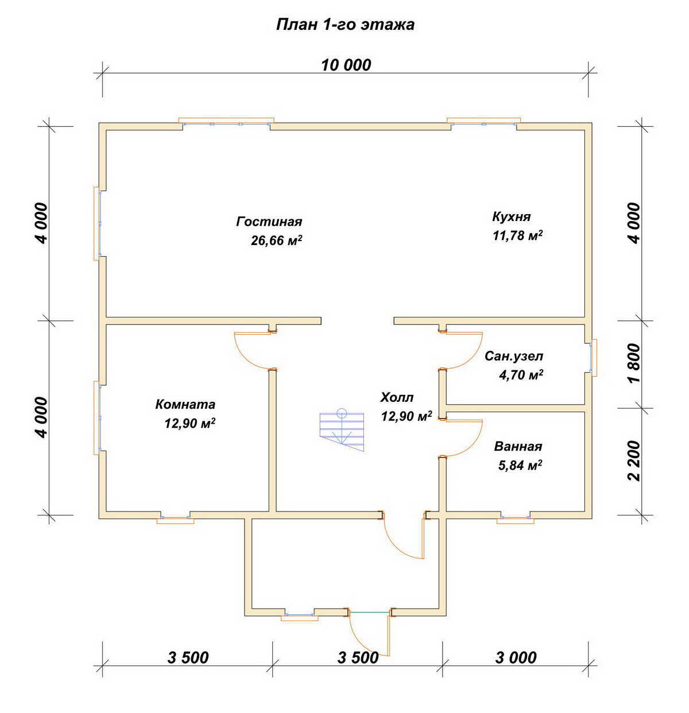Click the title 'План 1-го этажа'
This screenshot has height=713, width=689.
point(344,25)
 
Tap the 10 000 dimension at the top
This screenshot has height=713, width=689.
point(346,65)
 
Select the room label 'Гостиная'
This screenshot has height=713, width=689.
point(269,222)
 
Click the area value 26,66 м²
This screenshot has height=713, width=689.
point(276,241)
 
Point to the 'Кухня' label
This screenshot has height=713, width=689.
point(511,216)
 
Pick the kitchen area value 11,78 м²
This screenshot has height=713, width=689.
point(517,235)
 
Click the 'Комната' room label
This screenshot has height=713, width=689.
point(185,405)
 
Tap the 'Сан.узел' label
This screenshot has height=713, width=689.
point(514,356)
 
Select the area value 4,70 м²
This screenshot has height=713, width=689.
point(521,375)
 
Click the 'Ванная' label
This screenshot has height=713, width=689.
point(518,446)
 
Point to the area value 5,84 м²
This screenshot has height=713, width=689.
point(520,466)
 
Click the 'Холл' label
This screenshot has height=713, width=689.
point(397,397)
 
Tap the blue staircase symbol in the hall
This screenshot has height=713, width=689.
point(342,429)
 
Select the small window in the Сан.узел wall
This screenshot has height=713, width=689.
point(593,358)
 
